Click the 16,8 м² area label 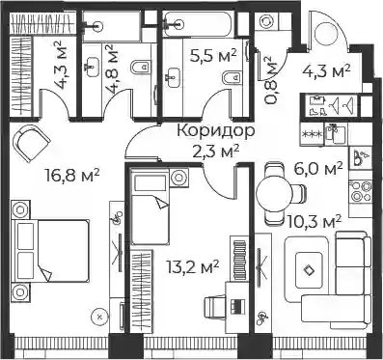click(72, 176)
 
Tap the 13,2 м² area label click(193, 266)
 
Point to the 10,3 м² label click(315, 222)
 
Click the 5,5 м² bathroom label click(213, 55)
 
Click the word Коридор click(216, 131)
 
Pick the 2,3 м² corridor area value click(216, 151)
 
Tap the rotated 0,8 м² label click(270, 80)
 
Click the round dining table click(275, 194)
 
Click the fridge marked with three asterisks click(312, 134)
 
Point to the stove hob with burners click(361, 191)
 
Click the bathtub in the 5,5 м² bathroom click(199, 24)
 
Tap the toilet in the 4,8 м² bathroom click(141, 67)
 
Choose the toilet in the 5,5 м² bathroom click(233, 77)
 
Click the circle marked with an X click(99, 317)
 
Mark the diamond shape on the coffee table click(309, 269)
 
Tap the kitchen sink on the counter click(336, 134)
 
